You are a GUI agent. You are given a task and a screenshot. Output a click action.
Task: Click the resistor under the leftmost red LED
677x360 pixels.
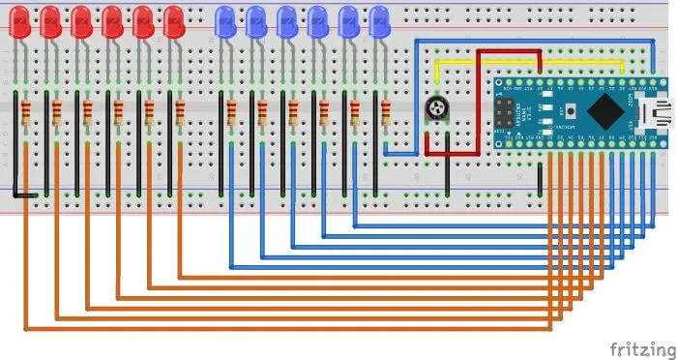pos(26,114)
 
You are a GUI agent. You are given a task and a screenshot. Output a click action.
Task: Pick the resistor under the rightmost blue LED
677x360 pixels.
pos(386,114)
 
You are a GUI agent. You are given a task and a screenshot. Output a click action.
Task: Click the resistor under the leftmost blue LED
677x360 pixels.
pos(231,114)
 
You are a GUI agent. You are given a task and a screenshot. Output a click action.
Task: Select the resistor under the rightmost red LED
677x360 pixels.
pos(180,114)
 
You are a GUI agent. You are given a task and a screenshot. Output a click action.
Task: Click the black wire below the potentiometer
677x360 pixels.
pos(447,176)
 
